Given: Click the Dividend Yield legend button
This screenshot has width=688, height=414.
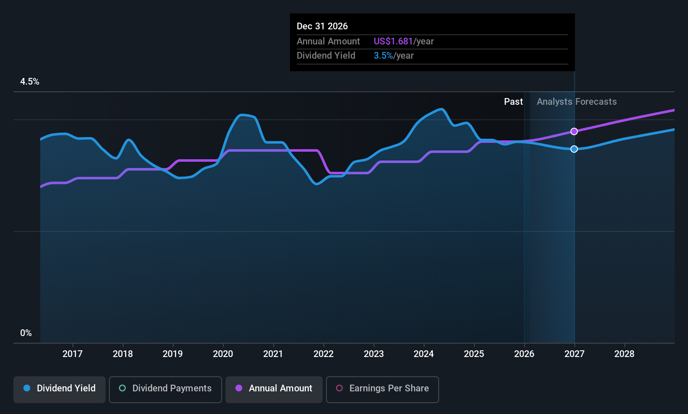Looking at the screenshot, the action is click(59, 389).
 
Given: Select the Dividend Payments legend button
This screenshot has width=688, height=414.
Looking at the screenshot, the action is click(165, 389).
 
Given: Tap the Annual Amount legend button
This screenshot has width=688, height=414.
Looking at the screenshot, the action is click(274, 389).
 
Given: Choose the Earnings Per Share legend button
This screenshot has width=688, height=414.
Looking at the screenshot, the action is click(383, 389).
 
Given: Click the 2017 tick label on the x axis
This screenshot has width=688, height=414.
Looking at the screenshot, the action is click(72, 354).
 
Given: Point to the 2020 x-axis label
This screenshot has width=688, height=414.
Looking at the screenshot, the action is click(223, 354).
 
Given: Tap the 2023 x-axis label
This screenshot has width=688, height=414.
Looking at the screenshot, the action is click(374, 354).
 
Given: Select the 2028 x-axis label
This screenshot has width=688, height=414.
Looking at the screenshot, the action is click(624, 354).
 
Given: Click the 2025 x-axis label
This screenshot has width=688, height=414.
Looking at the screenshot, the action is click(474, 354).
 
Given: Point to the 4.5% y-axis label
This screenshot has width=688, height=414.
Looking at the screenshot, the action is click(30, 82).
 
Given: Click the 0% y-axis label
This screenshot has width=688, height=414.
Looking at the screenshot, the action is click(26, 333).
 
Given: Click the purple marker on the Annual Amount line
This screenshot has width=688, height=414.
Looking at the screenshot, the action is click(574, 132).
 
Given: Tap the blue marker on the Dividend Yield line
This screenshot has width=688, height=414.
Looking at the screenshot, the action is click(574, 149).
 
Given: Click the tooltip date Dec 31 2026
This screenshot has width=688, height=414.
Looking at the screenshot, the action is click(322, 26).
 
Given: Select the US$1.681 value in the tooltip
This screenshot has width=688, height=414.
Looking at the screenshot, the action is click(393, 41).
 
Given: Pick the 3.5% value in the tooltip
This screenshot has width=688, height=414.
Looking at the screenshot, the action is click(383, 56).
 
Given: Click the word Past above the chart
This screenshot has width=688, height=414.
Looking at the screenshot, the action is click(513, 102).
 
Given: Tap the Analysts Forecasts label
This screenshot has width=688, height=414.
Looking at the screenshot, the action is click(577, 102).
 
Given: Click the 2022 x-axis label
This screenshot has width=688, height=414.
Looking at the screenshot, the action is click(323, 354).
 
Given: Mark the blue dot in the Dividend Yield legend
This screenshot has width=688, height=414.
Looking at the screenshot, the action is click(27, 388).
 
